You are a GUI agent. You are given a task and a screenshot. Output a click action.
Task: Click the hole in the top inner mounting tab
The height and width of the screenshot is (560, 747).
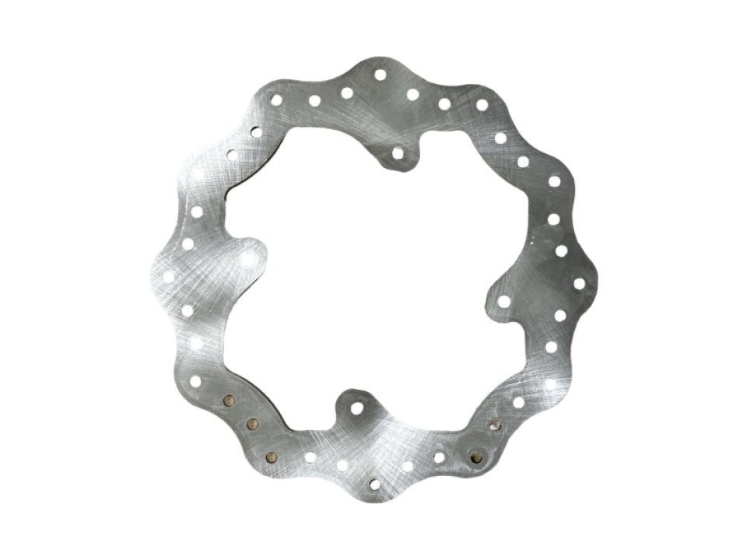tap(399, 152)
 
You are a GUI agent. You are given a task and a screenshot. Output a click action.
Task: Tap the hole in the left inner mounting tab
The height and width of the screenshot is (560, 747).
tap(248, 257)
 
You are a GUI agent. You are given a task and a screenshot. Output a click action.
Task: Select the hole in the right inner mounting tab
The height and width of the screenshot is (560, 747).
tap(503, 300)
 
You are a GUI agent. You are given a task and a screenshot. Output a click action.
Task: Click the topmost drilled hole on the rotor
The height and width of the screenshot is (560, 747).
tap(380, 75)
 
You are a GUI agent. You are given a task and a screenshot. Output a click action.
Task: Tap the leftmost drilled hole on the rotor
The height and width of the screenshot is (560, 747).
tap(168, 275)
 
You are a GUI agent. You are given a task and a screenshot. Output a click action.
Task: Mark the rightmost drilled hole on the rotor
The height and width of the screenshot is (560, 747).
tap(580, 282)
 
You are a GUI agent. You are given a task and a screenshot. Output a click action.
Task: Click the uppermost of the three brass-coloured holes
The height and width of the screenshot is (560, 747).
tap(229, 401)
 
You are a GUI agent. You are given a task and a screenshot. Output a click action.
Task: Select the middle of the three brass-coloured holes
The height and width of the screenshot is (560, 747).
tap(251, 424)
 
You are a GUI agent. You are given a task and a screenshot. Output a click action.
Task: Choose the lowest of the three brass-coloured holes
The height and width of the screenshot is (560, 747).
tap(271, 456)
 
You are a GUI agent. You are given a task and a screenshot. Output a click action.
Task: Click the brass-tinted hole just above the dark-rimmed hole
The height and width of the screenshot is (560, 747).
tap(496, 424)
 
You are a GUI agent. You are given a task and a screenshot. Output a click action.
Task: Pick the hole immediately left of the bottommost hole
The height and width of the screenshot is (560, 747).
tap(342, 465)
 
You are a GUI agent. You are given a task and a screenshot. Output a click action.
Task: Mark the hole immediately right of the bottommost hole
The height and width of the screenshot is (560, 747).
tap(409, 466)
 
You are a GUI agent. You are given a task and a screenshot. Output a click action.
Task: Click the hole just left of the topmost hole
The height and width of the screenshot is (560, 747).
tap(347, 93)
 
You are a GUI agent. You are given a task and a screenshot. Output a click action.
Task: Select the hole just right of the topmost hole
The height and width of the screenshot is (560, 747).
tap(413, 94)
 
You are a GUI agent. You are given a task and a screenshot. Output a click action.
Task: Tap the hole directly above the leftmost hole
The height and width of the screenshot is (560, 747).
tap(188, 243)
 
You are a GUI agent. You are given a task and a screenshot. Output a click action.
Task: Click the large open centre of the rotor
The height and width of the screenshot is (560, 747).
tap(373, 280)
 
